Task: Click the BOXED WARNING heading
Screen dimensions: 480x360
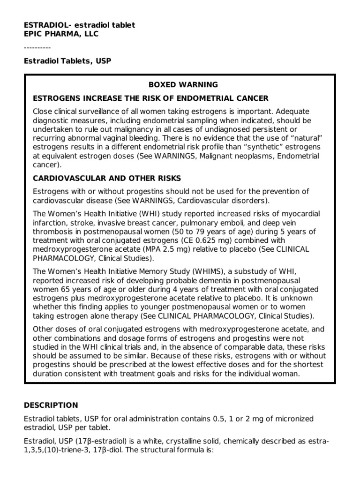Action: [183, 85]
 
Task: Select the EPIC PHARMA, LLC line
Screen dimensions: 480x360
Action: [61, 34]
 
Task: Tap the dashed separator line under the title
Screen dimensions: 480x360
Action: [37, 48]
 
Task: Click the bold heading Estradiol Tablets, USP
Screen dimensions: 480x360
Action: [67, 61]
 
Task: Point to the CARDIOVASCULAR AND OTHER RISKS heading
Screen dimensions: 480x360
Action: [107, 179]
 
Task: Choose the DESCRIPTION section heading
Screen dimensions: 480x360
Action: [51, 405]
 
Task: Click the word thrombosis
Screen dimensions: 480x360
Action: [52, 232]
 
